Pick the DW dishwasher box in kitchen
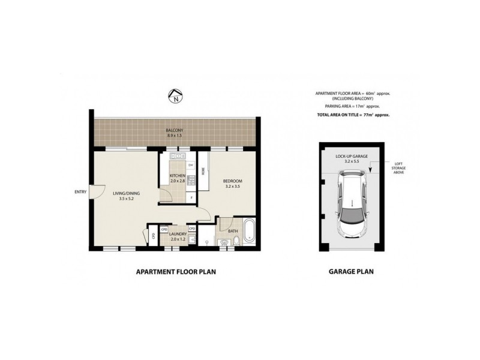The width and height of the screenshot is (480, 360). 191,164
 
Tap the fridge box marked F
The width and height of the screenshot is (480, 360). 191,197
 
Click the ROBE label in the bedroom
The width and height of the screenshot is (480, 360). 203,170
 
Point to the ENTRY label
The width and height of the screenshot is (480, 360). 79,192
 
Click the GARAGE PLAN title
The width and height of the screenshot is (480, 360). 351,271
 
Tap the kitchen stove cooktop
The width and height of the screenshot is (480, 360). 191,178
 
